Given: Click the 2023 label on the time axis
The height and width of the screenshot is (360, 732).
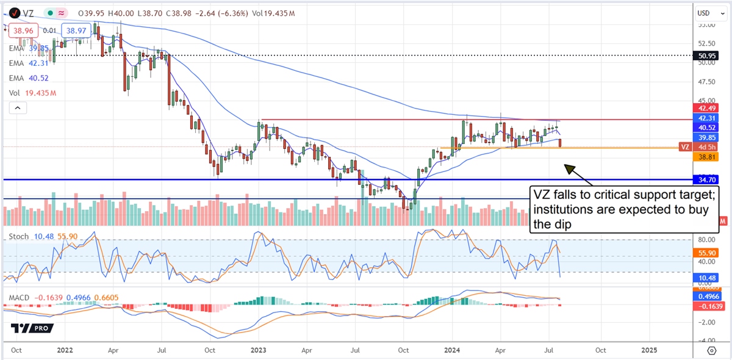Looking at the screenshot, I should click(x=258, y=350).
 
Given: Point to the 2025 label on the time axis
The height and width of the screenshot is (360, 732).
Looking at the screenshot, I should click(x=649, y=350).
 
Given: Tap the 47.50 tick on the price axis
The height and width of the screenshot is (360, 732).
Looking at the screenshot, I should click(x=706, y=81).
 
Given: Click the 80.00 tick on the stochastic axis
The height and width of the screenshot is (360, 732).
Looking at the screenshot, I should click(x=706, y=240).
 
